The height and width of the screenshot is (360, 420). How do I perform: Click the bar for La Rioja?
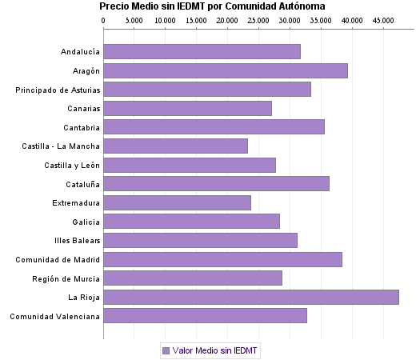point(251,297)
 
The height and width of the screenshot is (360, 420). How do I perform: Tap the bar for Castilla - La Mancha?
point(176,146)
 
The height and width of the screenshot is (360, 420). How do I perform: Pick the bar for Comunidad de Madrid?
point(223,259)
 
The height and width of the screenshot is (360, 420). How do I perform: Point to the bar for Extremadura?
point(178,202)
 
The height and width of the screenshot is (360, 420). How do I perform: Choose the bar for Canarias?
point(188,108)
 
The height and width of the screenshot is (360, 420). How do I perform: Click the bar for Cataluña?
point(217,183)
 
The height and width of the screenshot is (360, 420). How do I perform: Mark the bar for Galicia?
point(192,221)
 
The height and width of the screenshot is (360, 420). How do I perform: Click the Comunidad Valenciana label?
point(54,316)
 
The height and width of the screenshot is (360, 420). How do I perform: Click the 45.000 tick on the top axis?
point(383,19)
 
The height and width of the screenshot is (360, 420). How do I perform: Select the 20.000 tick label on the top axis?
point(226,19)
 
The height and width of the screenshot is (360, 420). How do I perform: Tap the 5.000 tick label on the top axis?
point(134,19)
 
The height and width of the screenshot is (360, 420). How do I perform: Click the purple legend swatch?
point(166,350)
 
